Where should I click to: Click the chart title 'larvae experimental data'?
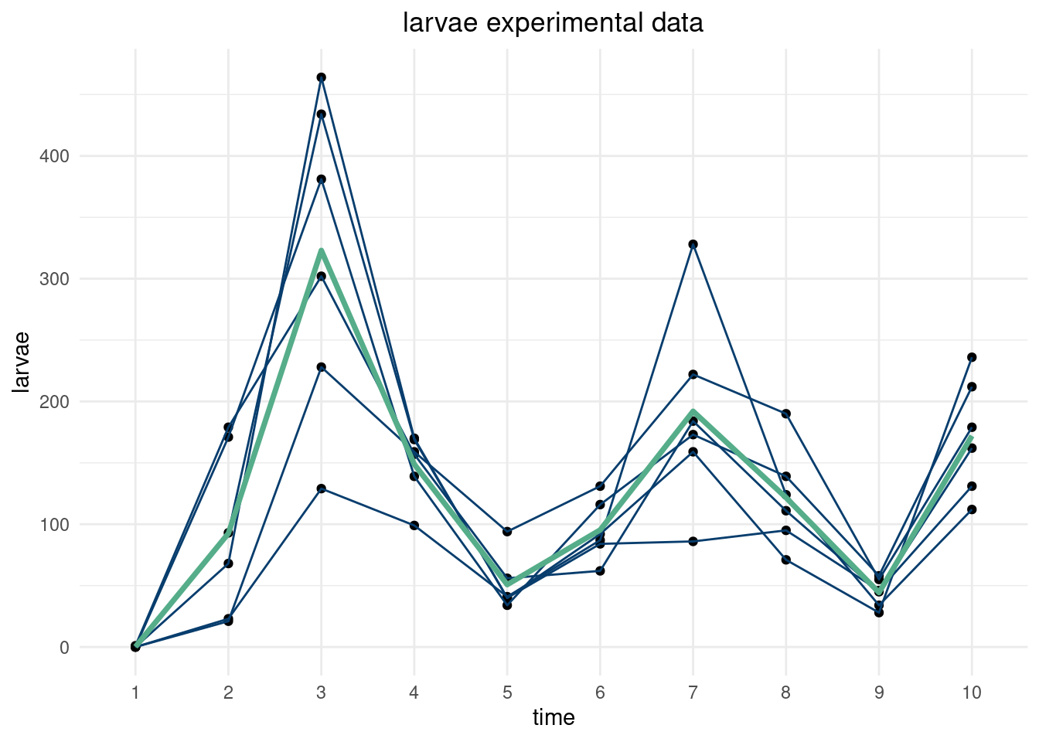(553, 23)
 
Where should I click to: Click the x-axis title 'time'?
(554, 718)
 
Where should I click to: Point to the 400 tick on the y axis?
(53, 156)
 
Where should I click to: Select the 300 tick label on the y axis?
(53, 279)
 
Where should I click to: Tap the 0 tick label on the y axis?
(64, 648)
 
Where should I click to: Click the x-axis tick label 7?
(693, 693)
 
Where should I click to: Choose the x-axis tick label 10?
(972, 693)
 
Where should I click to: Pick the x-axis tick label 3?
(321, 693)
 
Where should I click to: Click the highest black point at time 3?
(322, 77)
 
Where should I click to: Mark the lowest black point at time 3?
(322, 488)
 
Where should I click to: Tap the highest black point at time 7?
(693, 244)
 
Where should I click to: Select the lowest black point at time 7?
(693, 541)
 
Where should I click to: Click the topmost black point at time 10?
(972, 357)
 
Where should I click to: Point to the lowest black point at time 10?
(972, 509)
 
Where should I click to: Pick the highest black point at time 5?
(507, 531)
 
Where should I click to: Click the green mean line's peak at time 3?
(322, 250)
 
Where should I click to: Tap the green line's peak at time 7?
(693, 412)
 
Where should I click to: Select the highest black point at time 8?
(786, 414)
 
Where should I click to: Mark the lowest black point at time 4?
(414, 526)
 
